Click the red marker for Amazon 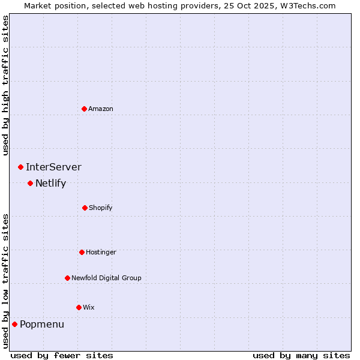click(85, 109)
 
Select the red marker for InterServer click(21, 167)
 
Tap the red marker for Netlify click(31, 183)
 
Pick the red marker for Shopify click(85, 208)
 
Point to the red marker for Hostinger click(82, 252)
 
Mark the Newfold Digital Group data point click(67, 278)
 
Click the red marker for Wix click(79, 307)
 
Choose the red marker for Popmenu click(15, 324)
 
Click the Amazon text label click(101, 109)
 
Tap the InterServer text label click(53, 167)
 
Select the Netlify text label click(50, 184)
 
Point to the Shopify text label click(101, 208)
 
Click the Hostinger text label click(101, 252)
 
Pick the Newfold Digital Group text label click(106, 278)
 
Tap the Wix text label click(89, 307)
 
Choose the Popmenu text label click(42, 325)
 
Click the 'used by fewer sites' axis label click(62, 355)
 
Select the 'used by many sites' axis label click(301, 355)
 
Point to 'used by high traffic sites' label click(6, 85)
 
